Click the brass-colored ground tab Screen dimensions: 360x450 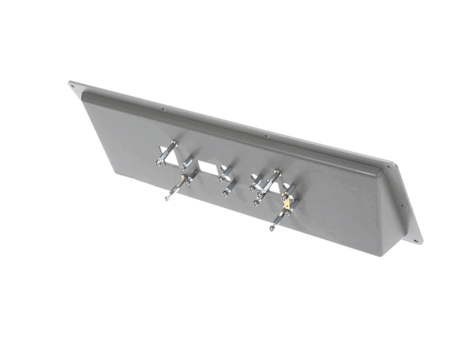[x=286, y=201]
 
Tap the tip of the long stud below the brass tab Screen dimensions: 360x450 [x=271, y=228]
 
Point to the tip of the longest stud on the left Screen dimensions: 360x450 [x=166, y=199]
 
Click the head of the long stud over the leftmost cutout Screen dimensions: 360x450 [x=174, y=143]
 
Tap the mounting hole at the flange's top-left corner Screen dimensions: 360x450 [x=73, y=85]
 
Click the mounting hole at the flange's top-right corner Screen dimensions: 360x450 [x=389, y=166]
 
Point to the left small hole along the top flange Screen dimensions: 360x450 [x=163, y=109]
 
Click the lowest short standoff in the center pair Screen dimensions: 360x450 [x=226, y=193]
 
